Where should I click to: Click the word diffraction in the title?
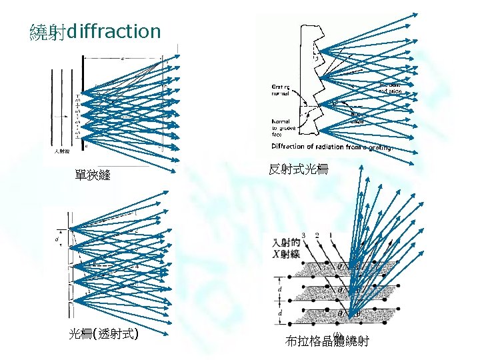click(114, 31)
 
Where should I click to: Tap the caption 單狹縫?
click(93, 175)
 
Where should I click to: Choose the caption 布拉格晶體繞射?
click(327, 343)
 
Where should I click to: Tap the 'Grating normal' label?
click(280, 89)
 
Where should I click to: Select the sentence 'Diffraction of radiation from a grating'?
click(331, 146)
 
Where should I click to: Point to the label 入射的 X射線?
click(287, 247)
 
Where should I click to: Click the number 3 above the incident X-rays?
click(304, 235)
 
